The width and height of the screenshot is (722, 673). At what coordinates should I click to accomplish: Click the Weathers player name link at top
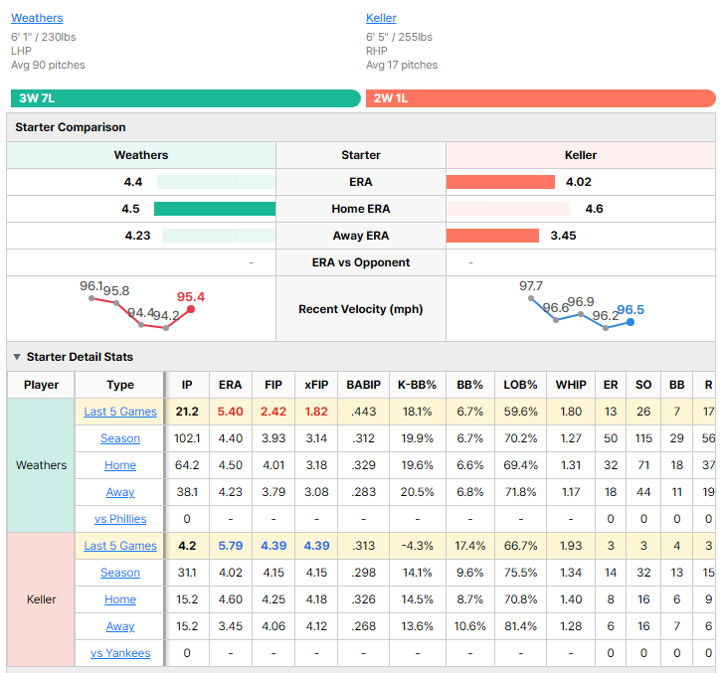click(x=37, y=18)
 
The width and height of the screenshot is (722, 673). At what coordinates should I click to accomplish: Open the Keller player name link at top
click(x=381, y=18)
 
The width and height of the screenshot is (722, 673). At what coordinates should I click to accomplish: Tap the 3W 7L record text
click(x=37, y=98)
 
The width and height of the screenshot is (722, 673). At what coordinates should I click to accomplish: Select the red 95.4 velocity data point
click(x=191, y=309)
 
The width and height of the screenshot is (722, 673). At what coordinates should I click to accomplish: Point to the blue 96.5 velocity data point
click(x=631, y=322)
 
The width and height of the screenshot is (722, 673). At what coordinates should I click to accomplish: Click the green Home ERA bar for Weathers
click(x=215, y=209)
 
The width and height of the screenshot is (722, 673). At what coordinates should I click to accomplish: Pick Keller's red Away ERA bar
click(x=492, y=236)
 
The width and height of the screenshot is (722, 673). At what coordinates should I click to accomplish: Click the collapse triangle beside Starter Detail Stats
click(x=17, y=357)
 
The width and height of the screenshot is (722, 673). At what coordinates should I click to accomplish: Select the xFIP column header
click(x=316, y=385)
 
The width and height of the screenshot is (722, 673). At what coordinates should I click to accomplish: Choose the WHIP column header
click(x=571, y=385)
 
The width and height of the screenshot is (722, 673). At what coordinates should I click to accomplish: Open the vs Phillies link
click(x=120, y=519)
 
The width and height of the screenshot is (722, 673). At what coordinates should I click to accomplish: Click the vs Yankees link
click(x=120, y=653)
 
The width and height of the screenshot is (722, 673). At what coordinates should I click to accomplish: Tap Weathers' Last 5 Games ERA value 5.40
click(x=231, y=412)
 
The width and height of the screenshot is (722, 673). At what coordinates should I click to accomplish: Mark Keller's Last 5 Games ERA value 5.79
click(x=231, y=546)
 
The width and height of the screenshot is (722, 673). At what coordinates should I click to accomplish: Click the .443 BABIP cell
click(x=363, y=412)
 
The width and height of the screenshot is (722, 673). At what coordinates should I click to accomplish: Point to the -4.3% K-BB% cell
click(x=417, y=546)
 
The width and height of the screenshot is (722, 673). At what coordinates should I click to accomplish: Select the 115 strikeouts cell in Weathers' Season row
click(x=643, y=438)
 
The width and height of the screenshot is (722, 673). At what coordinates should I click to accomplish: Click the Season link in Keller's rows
click(x=120, y=573)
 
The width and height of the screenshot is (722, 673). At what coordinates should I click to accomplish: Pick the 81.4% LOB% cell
click(x=520, y=626)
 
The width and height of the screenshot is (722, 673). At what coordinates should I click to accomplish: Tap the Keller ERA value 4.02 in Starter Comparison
click(x=579, y=182)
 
